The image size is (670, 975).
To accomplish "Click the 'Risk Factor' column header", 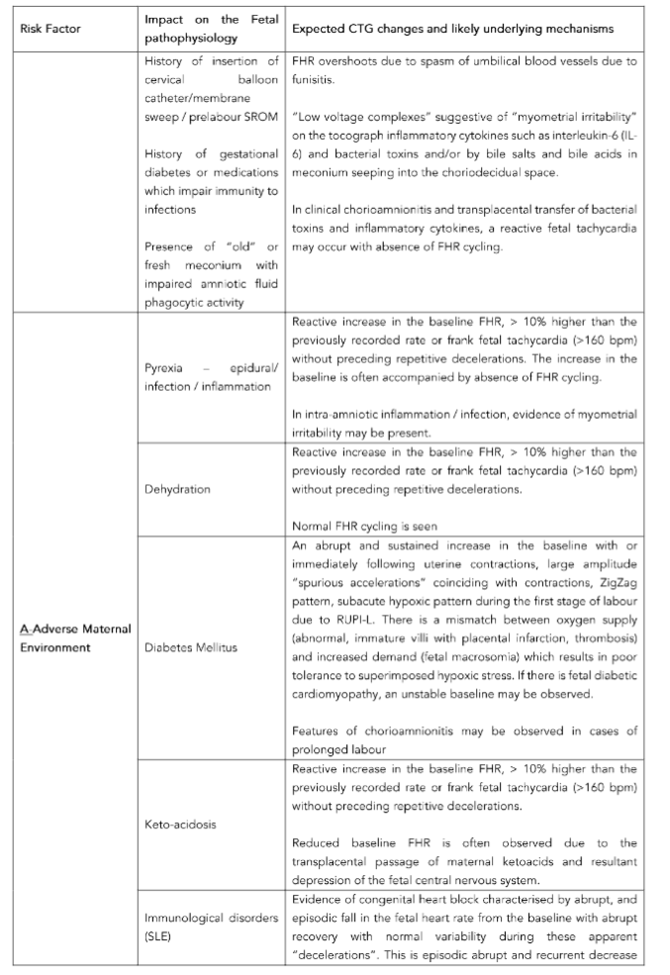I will [50, 29].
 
